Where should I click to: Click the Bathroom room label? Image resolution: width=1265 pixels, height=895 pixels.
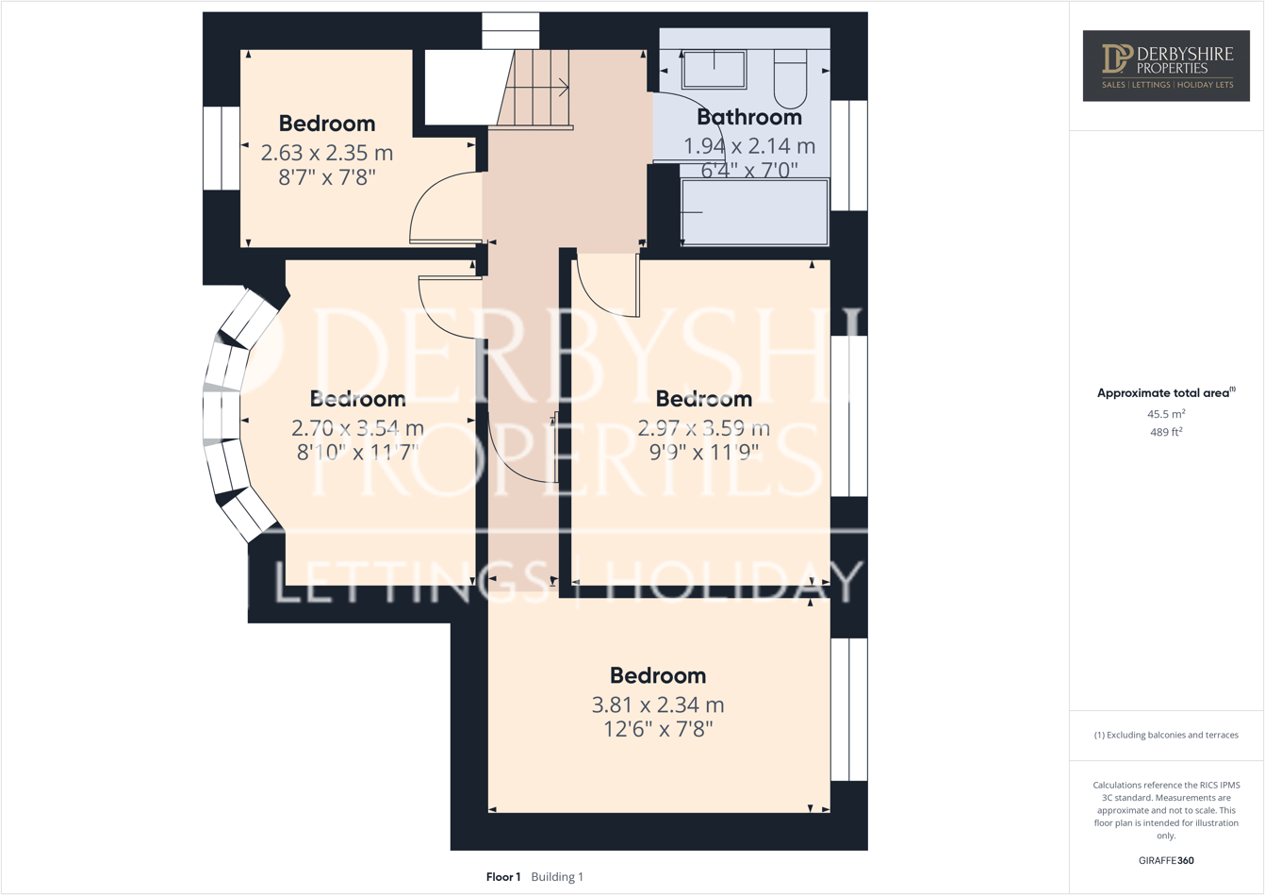(x=748, y=117)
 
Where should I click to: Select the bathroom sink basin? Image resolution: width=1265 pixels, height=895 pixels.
(x=714, y=70)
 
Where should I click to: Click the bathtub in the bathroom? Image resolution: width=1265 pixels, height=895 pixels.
(x=754, y=212)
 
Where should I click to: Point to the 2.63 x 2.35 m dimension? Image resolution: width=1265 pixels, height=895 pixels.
(x=327, y=153)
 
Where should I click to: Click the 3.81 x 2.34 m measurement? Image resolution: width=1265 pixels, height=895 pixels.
(x=657, y=704)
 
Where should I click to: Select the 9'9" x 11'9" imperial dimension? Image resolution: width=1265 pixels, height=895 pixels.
(x=703, y=452)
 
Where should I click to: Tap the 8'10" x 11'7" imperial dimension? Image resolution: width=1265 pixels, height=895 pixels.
(x=357, y=452)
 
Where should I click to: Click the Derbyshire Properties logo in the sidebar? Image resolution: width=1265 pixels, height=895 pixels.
(x=1166, y=65)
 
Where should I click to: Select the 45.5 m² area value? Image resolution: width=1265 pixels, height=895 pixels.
(x=1166, y=414)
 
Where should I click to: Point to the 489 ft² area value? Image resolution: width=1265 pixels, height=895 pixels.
(x=1166, y=432)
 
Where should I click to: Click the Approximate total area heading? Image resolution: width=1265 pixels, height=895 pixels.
(x=1165, y=393)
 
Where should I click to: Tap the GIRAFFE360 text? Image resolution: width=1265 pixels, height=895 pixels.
(x=1166, y=860)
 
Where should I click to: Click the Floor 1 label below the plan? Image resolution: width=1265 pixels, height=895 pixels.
(x=503, y=877)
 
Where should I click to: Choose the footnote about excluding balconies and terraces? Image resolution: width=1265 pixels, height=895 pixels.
(x=1166, y=735)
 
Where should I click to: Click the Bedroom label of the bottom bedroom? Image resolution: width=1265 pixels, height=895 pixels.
(x=657, y=675)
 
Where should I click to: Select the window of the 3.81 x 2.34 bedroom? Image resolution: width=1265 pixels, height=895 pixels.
(x=848, y=709)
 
